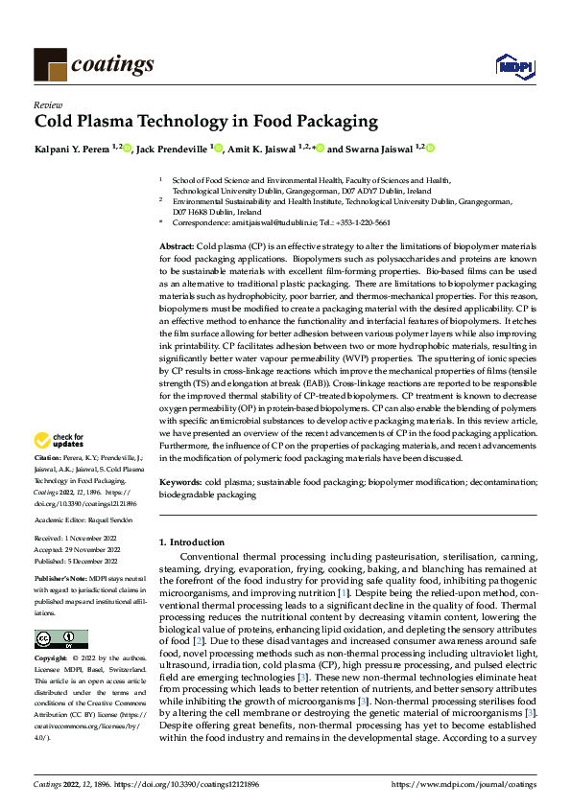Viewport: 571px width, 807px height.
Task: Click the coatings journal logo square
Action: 49,64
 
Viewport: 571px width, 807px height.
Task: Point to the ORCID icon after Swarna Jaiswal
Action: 430,149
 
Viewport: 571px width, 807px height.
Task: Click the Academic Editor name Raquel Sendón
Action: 105,519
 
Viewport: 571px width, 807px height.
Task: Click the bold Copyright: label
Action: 51,660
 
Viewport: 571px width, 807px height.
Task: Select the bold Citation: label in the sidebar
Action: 49,461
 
